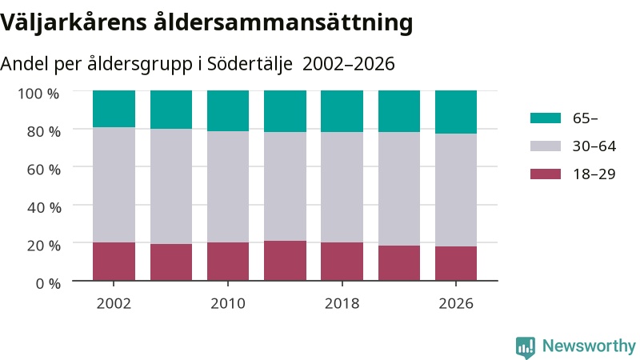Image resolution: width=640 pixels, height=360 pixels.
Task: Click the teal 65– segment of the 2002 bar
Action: coord(114,109)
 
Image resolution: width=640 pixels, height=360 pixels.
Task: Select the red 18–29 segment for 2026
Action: coord(456,263)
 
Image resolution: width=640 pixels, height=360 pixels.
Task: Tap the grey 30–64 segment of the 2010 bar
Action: coord(228,187)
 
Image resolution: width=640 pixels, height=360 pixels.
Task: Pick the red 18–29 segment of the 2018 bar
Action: coord(342,262)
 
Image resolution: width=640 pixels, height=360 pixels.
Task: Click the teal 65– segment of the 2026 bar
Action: coord(456,112)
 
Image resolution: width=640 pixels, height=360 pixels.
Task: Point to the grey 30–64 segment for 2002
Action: coord(114,185)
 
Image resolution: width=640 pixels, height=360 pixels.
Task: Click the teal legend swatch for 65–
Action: coord(546,118)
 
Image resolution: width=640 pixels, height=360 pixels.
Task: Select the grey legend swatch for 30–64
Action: coord(546,146)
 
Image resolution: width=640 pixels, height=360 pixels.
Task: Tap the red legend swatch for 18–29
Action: coord(546,174)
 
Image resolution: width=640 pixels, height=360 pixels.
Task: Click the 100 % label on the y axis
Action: coord(38,94)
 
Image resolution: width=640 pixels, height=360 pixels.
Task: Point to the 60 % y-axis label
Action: coord(44,170)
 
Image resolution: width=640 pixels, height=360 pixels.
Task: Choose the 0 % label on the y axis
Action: coord(48,283)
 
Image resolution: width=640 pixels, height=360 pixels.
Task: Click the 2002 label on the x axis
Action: coord(114,303)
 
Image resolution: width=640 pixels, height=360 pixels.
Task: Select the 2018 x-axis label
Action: coord(342,303)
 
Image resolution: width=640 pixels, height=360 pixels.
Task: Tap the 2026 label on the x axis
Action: coord(456,303)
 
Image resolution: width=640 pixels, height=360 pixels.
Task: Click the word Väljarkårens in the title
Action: coord(74,22)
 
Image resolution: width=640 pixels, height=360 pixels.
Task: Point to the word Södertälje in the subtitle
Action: coord(250,64)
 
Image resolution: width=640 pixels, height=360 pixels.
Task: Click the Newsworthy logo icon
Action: coord(526,347)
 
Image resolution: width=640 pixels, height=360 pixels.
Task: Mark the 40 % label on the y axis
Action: coord(44,207)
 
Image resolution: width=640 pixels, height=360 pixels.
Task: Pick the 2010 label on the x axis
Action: coord(228,303)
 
